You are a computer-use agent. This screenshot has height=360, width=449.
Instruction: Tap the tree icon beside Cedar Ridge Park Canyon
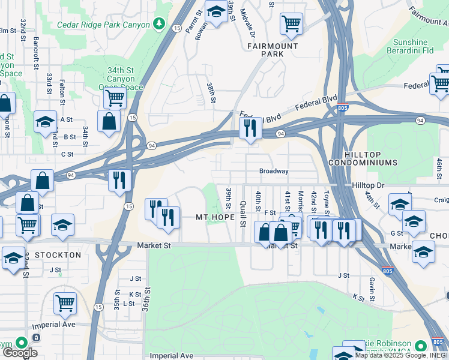[x=159, y=24]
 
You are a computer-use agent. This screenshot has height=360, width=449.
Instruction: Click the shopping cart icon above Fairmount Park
[x=291, y=24]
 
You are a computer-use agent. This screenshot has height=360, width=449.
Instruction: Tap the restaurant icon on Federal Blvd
[x=249, y=128]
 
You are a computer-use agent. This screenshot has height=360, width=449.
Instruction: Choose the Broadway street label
[x=274, y=171]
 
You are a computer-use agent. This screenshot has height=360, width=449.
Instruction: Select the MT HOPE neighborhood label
[x=215, y=217]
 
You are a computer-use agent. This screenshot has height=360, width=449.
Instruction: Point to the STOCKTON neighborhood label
[x=58, y=255]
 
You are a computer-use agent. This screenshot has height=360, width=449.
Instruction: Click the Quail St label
[x=243, y=215]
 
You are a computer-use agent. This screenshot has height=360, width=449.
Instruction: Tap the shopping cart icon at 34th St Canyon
[x=114, y=98]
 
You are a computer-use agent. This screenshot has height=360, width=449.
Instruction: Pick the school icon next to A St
[x=44, y=122]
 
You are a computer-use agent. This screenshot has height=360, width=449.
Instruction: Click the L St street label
[x=128, y=304]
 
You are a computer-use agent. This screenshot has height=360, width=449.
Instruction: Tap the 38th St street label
[x=211, y=94]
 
